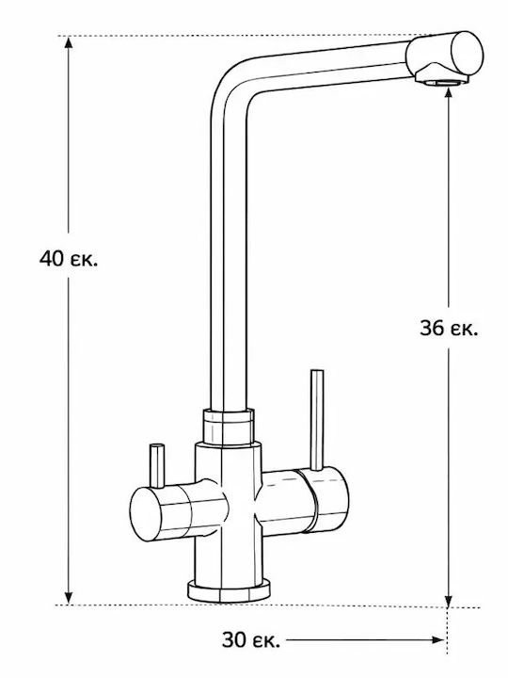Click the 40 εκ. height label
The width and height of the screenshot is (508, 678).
[69, 259]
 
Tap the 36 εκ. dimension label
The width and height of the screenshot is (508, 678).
[449, 329]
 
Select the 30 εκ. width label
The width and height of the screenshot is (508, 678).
[251, 640]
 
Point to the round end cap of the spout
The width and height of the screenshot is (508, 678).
[467, 54]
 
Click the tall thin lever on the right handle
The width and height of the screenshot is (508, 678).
[317, 420]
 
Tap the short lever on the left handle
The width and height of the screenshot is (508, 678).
[157, 466]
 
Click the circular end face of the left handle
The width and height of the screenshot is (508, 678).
[146, 514]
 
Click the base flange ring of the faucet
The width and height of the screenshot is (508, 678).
[229, 590]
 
